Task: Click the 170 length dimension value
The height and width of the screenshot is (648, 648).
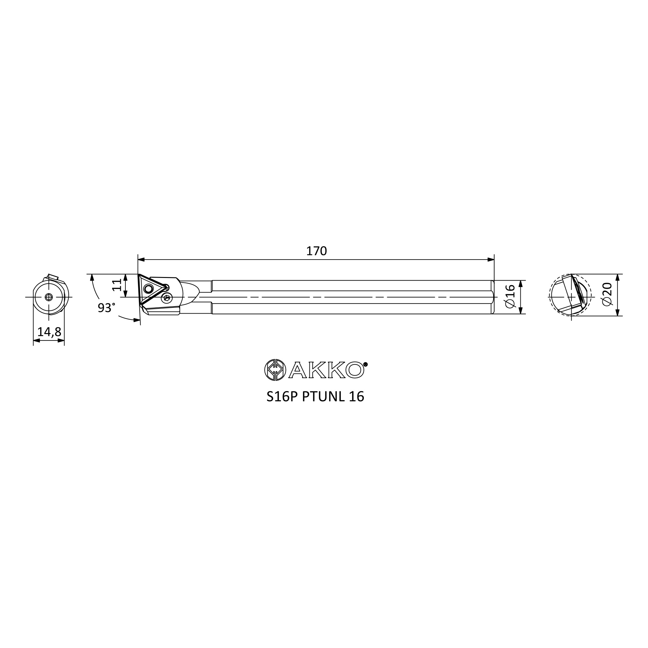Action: pyautogui.click(x=316, y=251)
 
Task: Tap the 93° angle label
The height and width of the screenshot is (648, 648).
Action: pyautogui.click(x=106, y=307)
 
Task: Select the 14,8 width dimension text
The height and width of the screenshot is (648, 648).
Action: pyautogui.click(x=49, y=332)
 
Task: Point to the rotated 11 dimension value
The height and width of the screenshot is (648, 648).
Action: pyautogui.click(x=117, y=285)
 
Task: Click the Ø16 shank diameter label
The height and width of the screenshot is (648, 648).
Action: pyautogui.click(x=510, y=296)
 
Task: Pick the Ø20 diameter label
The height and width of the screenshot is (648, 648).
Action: pyautogui.click(x=607, y=294)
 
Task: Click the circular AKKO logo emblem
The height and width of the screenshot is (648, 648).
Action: pyautogui.click(x=275, y=370)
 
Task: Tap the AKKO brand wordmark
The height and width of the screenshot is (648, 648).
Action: pyautogui.click(x=326, y=370)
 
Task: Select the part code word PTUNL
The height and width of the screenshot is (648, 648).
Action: pyautogui.click(x=323, y=397)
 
